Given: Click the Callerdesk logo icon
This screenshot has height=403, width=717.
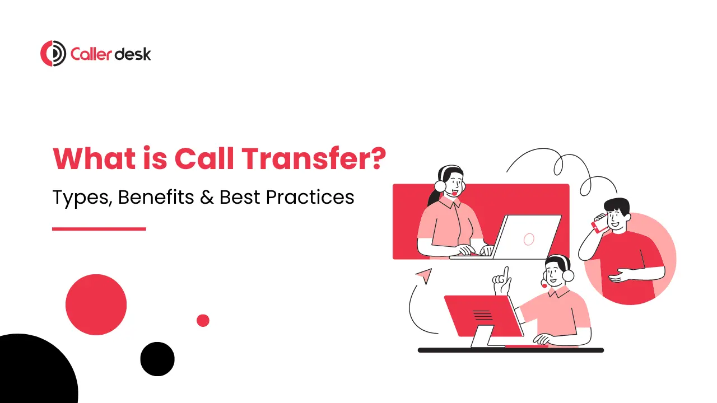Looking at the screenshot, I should (53, 54).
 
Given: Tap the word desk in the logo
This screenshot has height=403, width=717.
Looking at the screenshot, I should (133, 54).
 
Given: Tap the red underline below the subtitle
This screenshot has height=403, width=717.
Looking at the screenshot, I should (99, 228).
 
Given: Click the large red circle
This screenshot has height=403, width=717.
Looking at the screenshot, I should (96, 304).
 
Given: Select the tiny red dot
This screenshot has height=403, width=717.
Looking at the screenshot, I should (203, 320).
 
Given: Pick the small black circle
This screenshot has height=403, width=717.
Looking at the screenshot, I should (157, 359).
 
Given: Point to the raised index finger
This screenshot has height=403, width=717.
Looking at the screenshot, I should (505, 275).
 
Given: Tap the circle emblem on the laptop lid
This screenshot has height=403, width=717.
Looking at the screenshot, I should (528, 240).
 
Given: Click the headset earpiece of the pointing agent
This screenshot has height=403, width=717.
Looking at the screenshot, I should (568, 275).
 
